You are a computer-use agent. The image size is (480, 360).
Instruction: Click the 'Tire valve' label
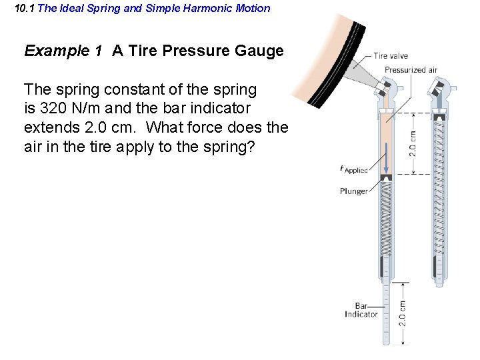click(391, 56)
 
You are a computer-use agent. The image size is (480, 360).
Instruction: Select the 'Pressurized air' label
click(411, 70)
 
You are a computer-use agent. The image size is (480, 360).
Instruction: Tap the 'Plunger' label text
click(353, 191)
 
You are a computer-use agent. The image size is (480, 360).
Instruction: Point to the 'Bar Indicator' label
click(361, 310)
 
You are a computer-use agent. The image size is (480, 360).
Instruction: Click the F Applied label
click(353, 169)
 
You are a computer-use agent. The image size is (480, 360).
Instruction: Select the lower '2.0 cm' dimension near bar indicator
click(403, 313)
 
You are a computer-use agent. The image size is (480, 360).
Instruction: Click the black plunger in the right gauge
click(439, 118)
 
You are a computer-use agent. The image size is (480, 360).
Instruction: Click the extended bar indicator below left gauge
click(385, 313)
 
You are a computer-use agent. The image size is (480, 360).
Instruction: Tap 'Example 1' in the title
click(63, 51)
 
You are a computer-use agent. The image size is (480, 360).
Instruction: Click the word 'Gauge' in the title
click(263, 51)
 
